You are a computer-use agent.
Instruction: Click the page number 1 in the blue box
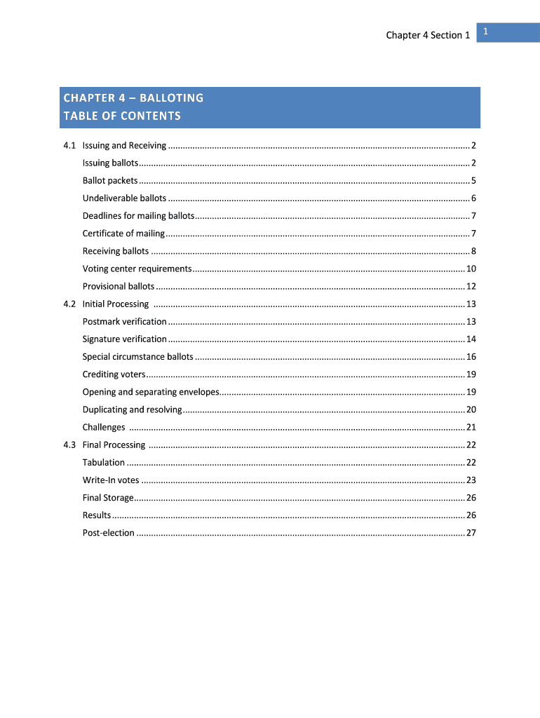(x=485, y=32)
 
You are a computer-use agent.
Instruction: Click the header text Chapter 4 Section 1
(x=428, y=35)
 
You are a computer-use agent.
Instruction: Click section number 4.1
(x=69, y=146)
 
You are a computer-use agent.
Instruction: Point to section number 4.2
(x=69, y=304)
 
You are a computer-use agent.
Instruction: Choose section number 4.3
(x=69, y=445)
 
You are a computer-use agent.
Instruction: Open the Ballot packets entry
(x=110, y=181)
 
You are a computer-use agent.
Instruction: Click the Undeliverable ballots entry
(x=124, y=198)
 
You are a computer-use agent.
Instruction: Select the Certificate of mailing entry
(x=123, y=233)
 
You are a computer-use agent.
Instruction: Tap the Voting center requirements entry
(x=137, y=269)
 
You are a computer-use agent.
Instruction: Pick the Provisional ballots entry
(x=119, y=287)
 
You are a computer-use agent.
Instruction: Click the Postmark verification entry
(x=125, y=322)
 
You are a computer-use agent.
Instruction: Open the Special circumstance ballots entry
(x=137, y=357)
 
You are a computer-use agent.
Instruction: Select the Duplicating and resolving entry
(x=132, y=409)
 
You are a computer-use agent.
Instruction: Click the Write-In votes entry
(x=111, y=480)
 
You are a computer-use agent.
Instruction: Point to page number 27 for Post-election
(x=471, y=533)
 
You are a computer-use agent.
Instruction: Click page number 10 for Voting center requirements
(x=471, y=269)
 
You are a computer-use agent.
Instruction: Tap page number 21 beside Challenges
(x=471, y=428)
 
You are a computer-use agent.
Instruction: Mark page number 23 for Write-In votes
(x=471, y=480)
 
